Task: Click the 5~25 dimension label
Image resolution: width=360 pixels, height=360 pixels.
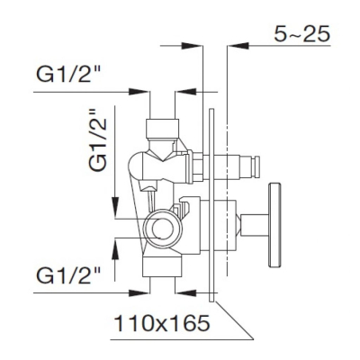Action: pyautogui.click(x=301, y=33)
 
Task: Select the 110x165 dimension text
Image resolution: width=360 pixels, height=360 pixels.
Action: pyautogui.click(x=162, y=324)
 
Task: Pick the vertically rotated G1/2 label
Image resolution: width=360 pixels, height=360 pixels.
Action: pyautogui.click(x=98, y=139)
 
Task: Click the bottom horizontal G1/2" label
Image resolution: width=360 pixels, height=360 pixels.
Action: pyautogui.click(x=68, y=275)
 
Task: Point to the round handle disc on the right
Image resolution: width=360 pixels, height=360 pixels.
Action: pyautogui.click(x=274, y=224)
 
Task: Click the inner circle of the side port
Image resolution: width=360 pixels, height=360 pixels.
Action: pyautogui.click(x=163, y=229)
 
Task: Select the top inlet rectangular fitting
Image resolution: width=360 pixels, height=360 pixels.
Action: pyautogui.click(x=162, y=128)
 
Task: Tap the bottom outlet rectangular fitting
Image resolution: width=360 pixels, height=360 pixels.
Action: pyautogui.click(x=162, y=265)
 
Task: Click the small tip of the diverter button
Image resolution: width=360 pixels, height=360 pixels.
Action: pyautogui.click(x=256, y=166)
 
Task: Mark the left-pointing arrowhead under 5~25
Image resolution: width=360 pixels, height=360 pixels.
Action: pyautogui.click(x=238, y=46)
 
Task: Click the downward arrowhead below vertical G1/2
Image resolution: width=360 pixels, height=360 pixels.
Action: pyautogui.click(x=115, y=207)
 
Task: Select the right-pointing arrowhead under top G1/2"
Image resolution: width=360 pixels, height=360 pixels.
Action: pyautogui.click(x=139, y=92)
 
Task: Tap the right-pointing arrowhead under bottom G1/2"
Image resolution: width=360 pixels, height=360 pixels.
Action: pyautogui.click(x=139, y=292)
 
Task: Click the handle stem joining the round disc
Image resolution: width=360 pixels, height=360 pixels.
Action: pyautogui.click(x=255, y=225)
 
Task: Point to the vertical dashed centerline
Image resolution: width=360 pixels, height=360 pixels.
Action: pyautogui.click(x=229, y=160)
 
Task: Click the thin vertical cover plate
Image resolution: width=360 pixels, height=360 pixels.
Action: pyautogui.click(x=211, y=205)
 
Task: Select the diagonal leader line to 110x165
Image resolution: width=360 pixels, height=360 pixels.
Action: pyautogui.click(x=234, y=320)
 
